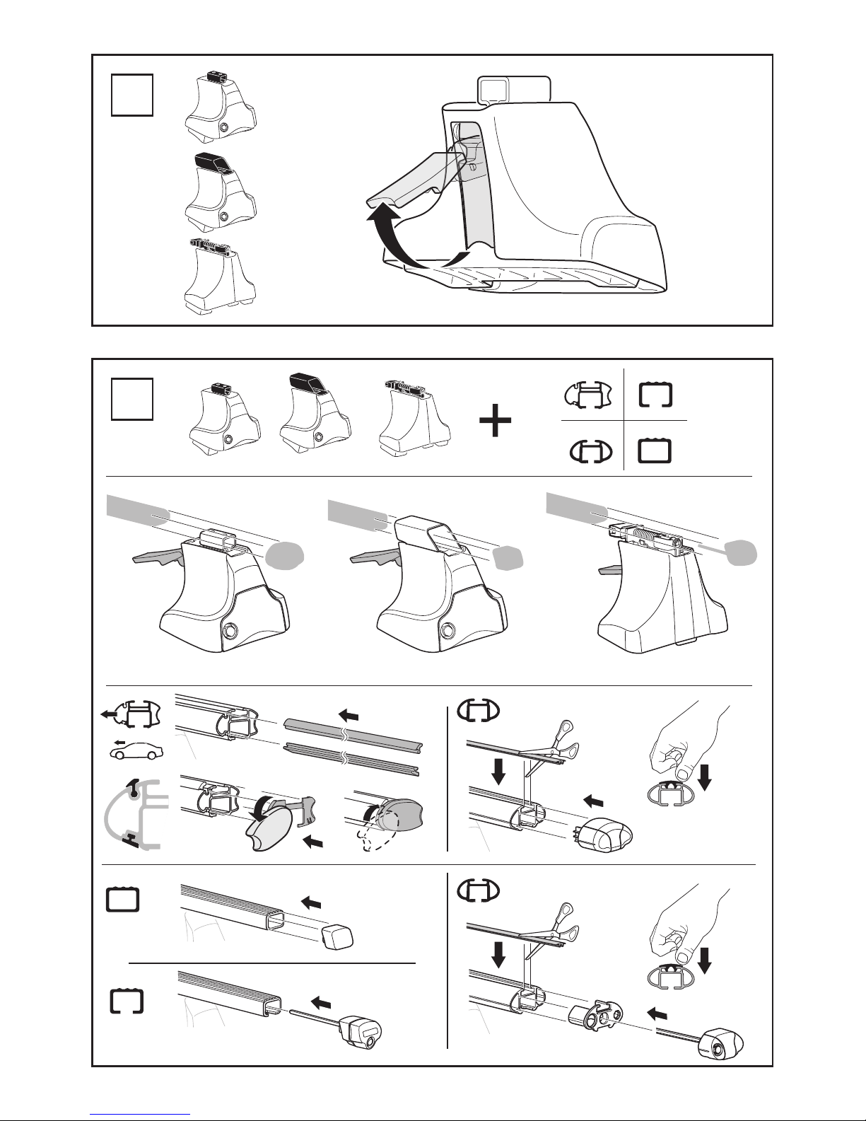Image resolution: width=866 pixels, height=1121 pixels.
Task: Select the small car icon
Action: pos(136,750)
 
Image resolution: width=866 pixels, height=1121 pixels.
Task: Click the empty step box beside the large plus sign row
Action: pos(132,398)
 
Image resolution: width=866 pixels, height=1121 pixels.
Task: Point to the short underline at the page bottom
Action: pos(141,1113)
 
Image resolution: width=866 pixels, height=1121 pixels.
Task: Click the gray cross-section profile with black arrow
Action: pos(136,811)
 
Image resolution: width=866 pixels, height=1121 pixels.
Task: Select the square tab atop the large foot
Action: pos(494,89)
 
